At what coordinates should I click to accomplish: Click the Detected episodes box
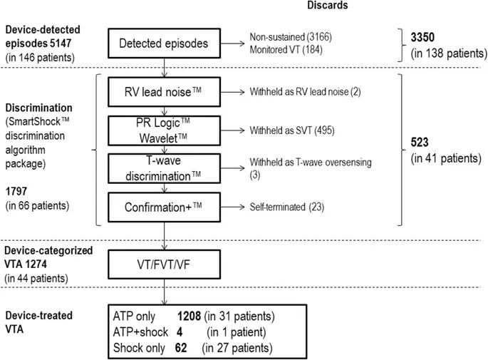pos(165,43)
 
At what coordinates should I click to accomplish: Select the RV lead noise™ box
pos(165,92)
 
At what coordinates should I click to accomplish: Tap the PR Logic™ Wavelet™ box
pos(165,131)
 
